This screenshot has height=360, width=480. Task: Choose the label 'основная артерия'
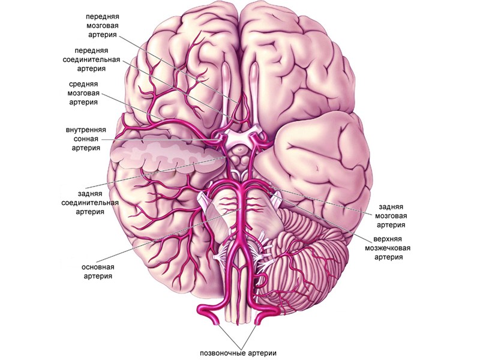pyautogui.click(x=98, y=271)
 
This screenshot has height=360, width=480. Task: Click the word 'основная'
pyautogui.click(x=98, y=266)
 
